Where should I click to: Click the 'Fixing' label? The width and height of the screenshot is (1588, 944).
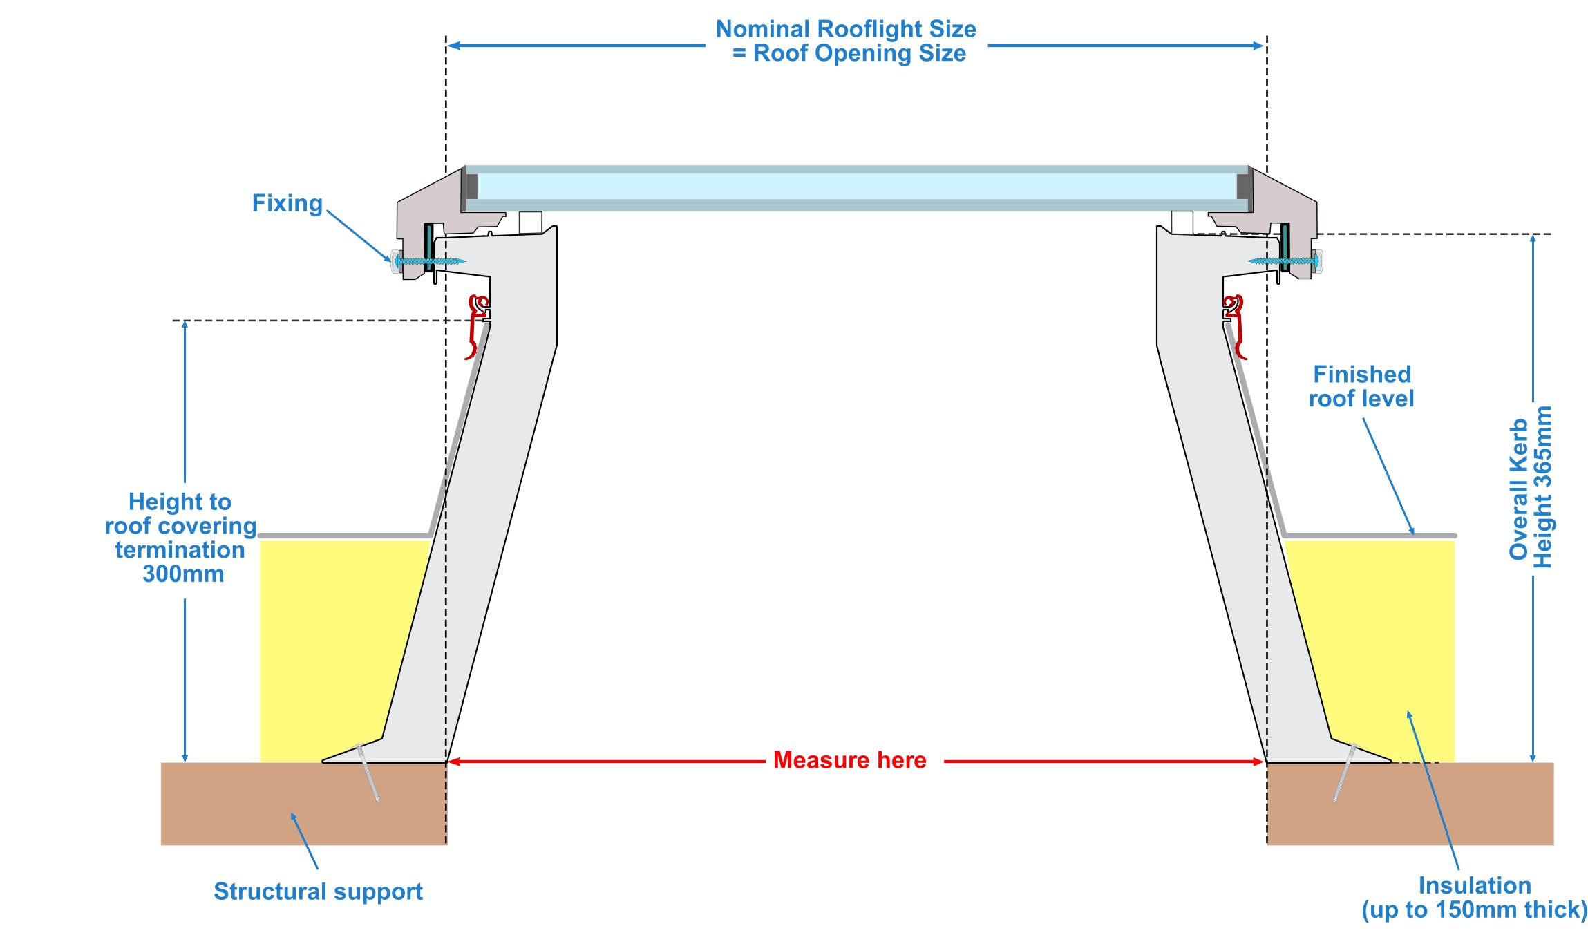(287, 204)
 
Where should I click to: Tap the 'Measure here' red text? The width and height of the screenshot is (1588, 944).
(849, 760)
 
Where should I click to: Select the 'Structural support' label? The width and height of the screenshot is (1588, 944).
(318, 891)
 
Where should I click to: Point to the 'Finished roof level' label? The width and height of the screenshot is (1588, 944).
(1361, 386)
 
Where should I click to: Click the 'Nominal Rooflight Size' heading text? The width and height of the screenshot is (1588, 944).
(846, 29)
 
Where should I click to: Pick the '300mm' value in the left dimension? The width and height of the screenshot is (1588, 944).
(183, 574)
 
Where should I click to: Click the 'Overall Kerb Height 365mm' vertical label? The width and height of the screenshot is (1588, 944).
(1531, 488)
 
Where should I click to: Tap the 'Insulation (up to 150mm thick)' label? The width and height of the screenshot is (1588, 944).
(1474, 898)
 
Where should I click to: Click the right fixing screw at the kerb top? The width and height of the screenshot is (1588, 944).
(1284, 261)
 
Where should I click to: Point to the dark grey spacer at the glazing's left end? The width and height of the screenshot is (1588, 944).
(472, 187)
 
